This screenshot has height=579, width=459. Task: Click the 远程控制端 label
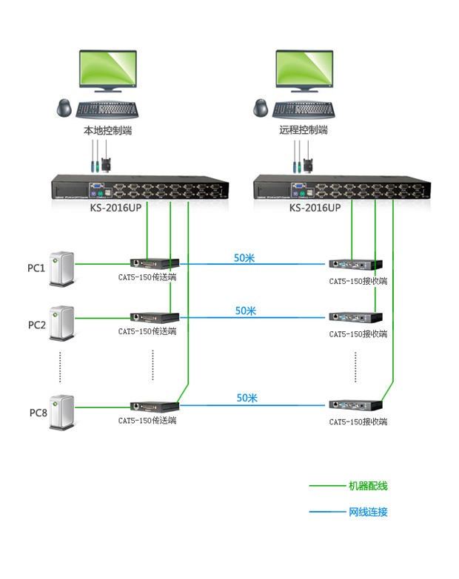[x=304, y=130]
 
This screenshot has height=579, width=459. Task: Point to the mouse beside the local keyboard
[x=65, y=108]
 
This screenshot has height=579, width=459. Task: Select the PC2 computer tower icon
[x=62, y=323]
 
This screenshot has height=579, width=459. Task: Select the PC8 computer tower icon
[x=62, y=409]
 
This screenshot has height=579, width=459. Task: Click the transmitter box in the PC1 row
[x=155, y=263]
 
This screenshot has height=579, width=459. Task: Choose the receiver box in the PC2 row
[x=356, y=319]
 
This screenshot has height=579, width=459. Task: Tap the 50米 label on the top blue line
[x=244, y=258]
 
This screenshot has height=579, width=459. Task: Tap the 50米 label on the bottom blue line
[x=247, y=398]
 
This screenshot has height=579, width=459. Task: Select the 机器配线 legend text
[x=368, y=486]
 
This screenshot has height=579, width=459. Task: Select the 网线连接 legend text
[x=368, y=512]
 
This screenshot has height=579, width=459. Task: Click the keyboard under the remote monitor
[x=304, y=109]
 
